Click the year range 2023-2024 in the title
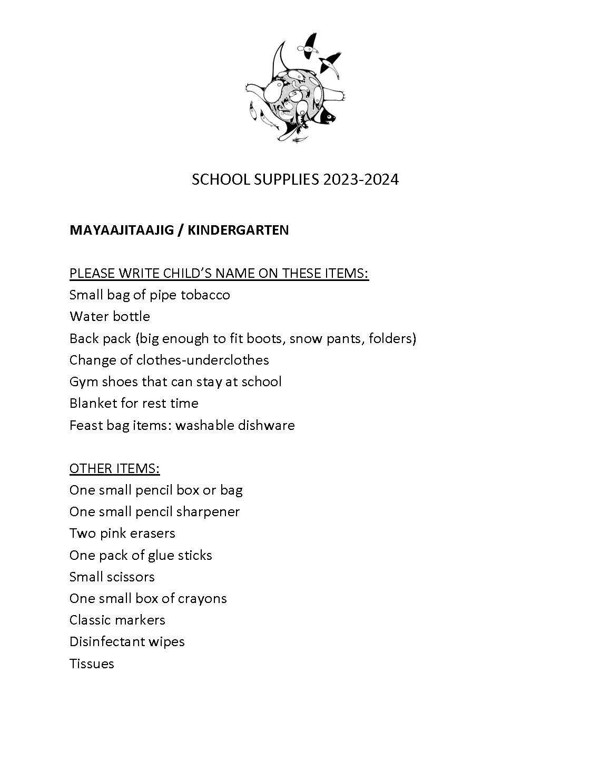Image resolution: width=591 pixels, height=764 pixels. [x=361, y=180]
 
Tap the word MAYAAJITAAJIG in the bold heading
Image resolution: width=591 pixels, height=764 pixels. [x=120, y=230]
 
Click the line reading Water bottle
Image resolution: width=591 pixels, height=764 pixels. [x=110, y=316]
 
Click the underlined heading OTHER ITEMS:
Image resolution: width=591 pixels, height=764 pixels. [x=114, y=468]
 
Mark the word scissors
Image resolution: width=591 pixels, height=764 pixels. [x=131, y=577]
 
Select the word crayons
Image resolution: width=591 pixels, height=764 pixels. [x=202, y=599]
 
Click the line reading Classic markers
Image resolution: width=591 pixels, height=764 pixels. [x=117, y=620]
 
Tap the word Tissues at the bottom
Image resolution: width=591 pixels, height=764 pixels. [x=92, y=664]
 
